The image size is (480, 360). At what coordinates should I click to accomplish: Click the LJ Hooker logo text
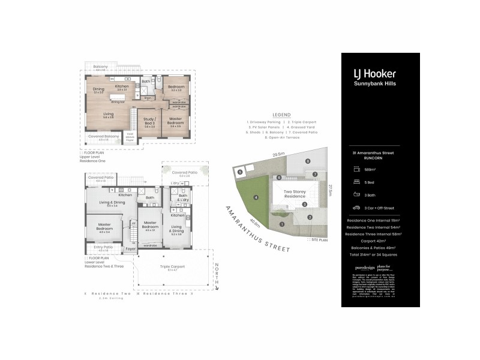click(x=374, y=74)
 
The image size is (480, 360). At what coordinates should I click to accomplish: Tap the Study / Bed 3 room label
click(x=149, y=122)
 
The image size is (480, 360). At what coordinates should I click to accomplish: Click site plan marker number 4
click(x=256, y=197)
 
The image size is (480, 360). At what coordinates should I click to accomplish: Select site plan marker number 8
click(x=308, y=161)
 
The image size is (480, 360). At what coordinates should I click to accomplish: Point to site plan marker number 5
click(x=239, y=172)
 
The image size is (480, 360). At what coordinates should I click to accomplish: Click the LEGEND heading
click(x=281, y=115)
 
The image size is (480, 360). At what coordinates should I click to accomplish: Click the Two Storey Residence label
click(x=295, y=194)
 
